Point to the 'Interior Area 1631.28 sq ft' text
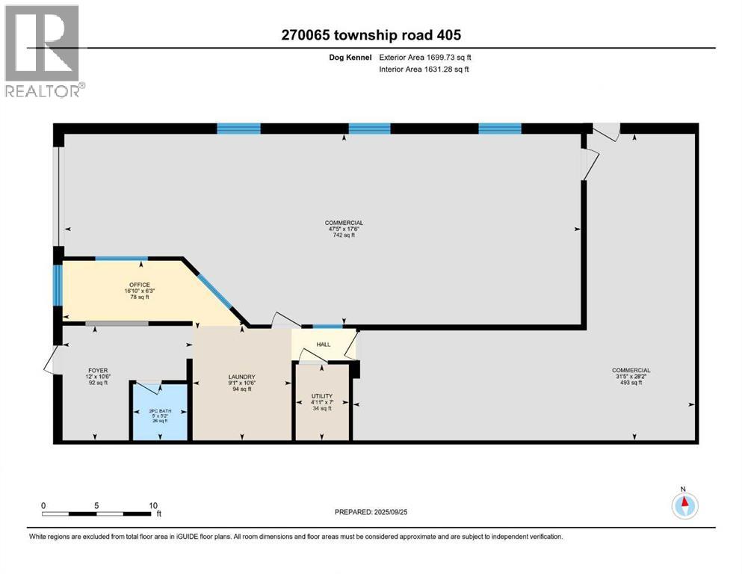424,70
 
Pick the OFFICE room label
139,285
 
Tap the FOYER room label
98,370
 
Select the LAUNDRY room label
241,377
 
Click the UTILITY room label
321,396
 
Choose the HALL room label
323,345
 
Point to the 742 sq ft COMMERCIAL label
344,223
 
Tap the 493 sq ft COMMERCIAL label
631,370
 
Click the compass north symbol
683,504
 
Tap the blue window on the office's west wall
57,286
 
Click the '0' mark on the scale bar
43,504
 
